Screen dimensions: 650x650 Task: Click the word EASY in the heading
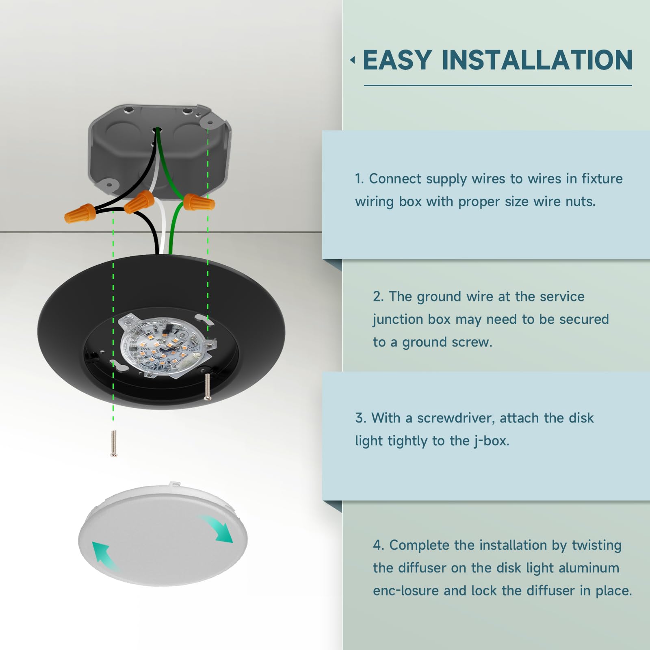[397, 60]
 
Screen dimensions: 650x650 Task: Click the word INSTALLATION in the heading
[537, 60]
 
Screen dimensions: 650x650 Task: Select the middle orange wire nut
[139, 202]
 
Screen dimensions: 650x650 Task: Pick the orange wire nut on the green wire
[199, 201]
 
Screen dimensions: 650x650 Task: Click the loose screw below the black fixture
[114, 443]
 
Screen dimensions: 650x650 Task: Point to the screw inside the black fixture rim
[208, 386]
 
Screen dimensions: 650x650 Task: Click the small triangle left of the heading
[353, 60]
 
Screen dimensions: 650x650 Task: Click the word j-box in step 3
[492, 441]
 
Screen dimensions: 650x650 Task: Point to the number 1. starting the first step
[360, 179]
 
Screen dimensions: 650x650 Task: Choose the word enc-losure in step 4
[406, 591]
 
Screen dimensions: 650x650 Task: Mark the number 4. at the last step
[379, 545]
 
